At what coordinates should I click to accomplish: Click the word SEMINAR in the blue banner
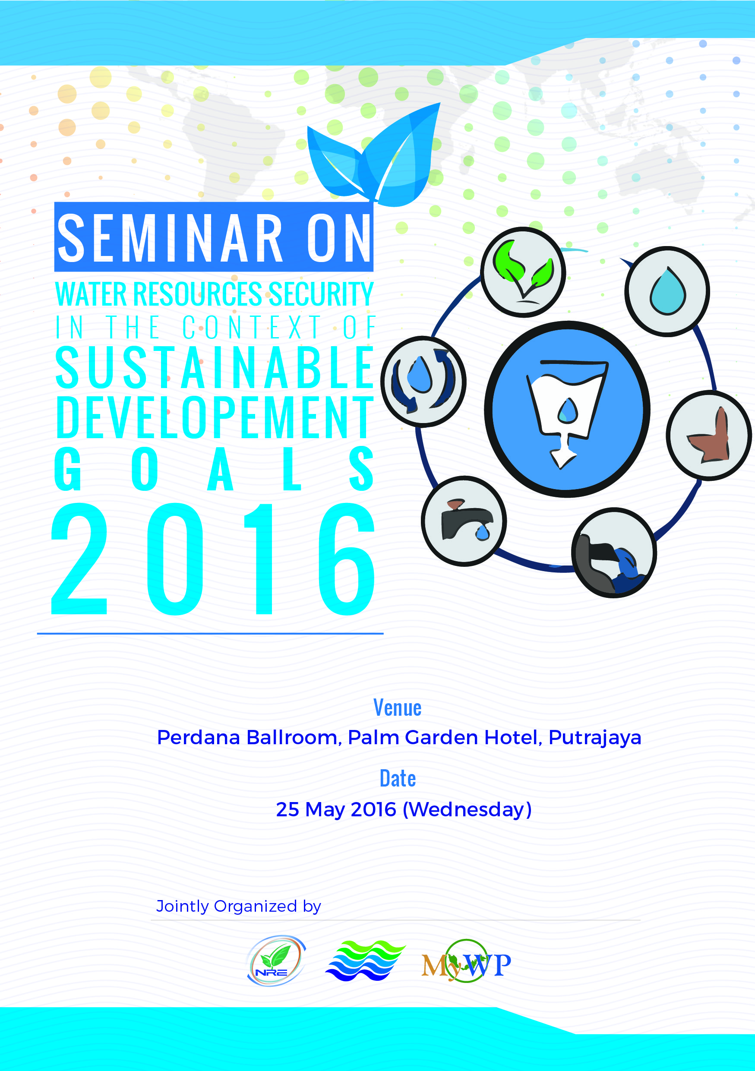click(x=170, y=237)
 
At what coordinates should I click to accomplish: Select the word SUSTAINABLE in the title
click(x=215, y=367)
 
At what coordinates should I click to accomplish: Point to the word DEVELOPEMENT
click(x=215, y=417)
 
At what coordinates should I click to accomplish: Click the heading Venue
click(x=397, y=708)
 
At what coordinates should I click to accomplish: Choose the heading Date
click(x=397, y=778)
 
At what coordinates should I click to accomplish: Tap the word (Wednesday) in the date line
click(x=467, y=809)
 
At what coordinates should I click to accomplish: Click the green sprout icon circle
click(x=523, y=272)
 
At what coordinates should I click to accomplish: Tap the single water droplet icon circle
click(x=667, y=291)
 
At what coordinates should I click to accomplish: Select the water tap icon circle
click(x=464, y=521)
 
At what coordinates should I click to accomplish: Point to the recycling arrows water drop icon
click(x=423, y=381)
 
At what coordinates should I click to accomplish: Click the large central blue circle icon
click(x=567, y=409)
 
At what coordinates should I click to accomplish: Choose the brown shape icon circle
click(x=708, y=435)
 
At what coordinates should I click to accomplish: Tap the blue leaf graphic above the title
click(x=373, y=155)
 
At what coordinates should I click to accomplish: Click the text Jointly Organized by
click(x=238, y=907)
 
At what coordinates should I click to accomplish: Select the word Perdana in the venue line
click(x=199, y=737)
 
